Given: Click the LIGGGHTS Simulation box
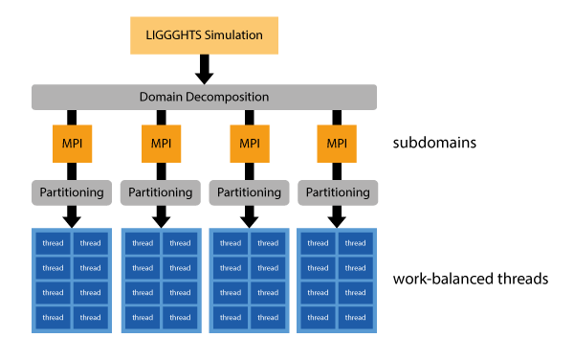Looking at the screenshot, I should coord(205,34).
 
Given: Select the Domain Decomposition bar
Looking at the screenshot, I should coord(205,97).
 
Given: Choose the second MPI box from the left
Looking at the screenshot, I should coord(161,144).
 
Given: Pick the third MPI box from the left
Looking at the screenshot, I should coord(249,144).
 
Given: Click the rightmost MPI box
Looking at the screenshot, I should coord(337,144).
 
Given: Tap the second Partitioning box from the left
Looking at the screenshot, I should coord(161,191).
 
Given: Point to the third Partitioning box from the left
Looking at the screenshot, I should coord(249,191).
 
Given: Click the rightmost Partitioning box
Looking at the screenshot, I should coord(337,191).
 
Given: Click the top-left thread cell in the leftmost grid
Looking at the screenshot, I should coord(53,243).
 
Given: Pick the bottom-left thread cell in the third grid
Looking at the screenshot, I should coord(230,318).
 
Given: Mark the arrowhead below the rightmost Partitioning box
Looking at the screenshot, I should coord(337,218).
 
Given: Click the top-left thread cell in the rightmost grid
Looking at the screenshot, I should coord(318,243).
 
